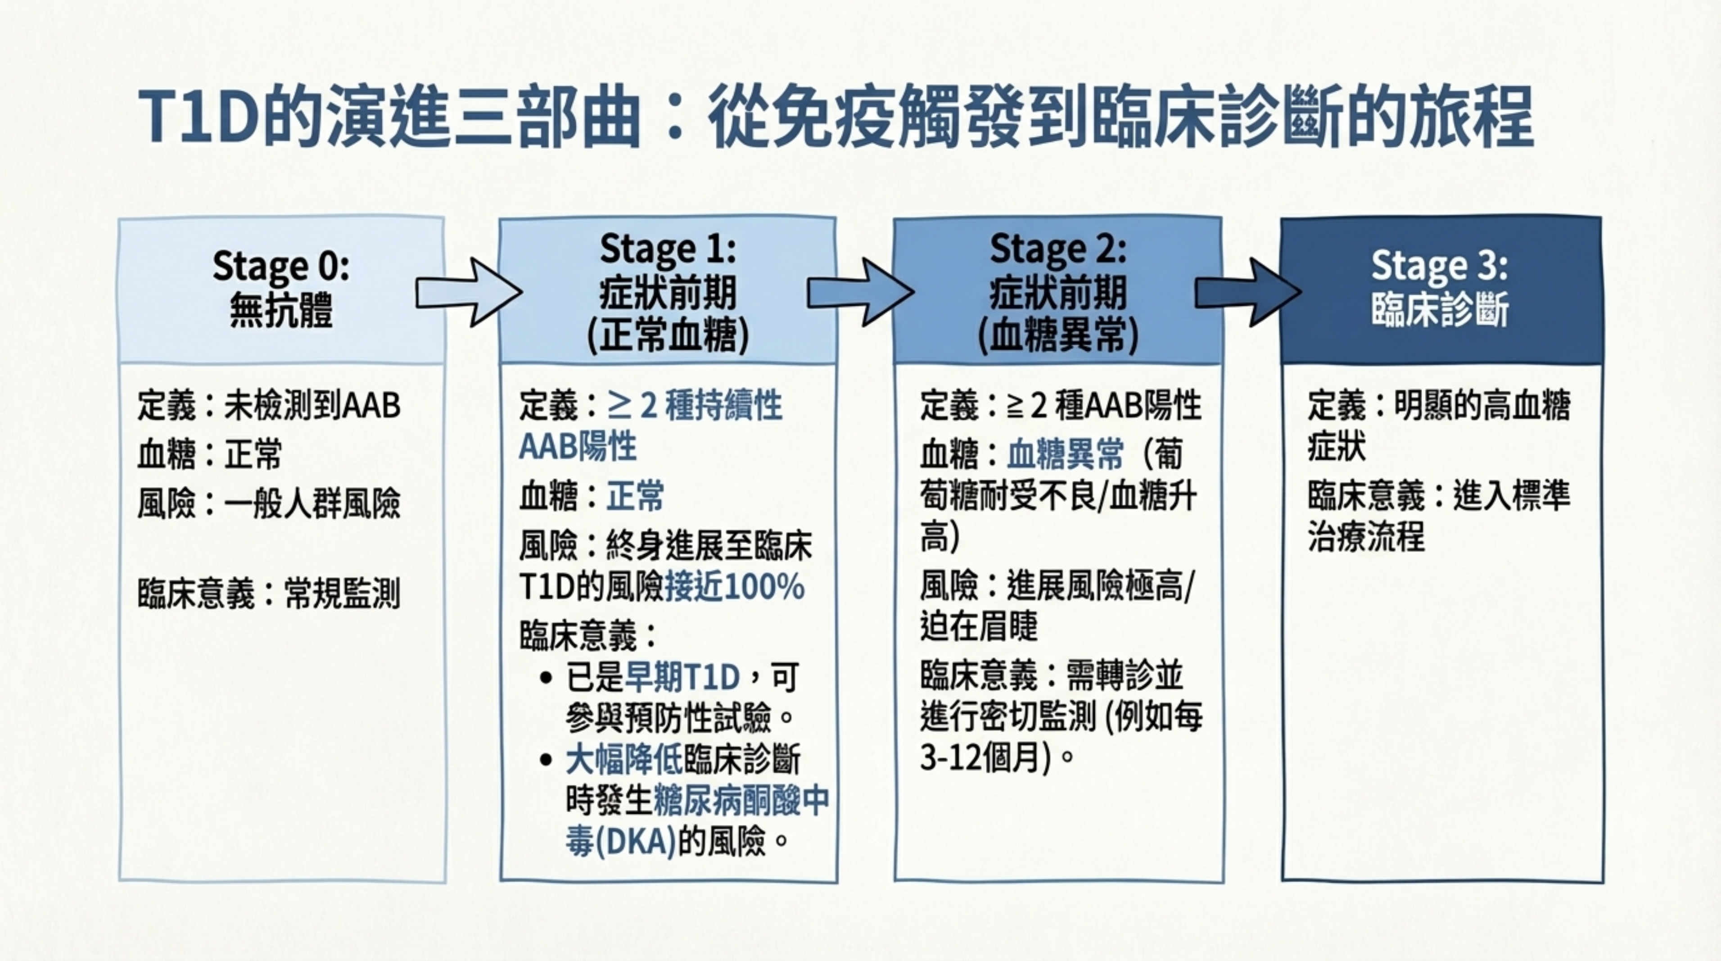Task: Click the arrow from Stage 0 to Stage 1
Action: [x=468, y=293]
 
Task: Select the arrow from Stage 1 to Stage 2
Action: [x=860, y=293]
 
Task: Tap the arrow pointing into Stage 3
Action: [x=1247, y=293]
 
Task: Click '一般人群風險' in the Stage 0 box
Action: [x=312, y=503]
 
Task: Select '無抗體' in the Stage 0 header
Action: [x=281, y=311]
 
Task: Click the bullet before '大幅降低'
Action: [x=547, y=760]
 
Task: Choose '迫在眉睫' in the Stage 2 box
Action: [x=979, y=627]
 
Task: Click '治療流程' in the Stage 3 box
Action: [x=1366, y=537]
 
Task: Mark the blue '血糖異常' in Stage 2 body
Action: [x=1065, y=454]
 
